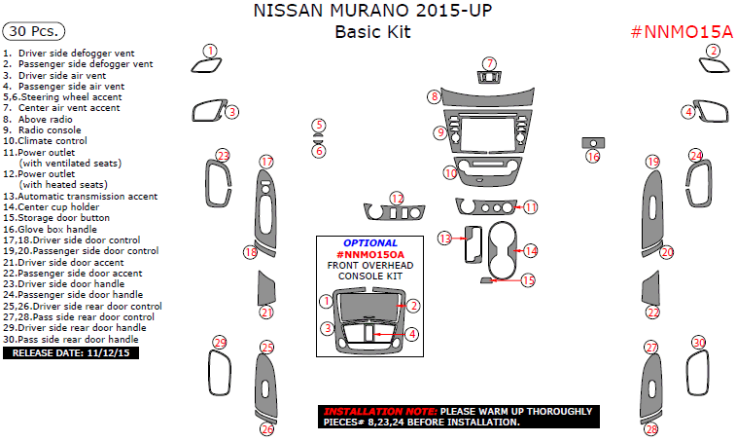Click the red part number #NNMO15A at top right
pyautogui.click(x=682, y=32)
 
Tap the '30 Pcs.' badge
pyautogui.click(x=34, y=31)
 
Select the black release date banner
pyautogui.click(x=71, y=352)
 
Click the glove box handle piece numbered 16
pyautogui.click(x=593, y=143)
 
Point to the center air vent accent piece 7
pyautogui.click(x=490, y=77)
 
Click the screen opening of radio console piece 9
pyautogui.click(x=488, y=134)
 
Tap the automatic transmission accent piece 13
pyautogui.click(x=473, y=244)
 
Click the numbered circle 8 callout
pyautogui.click(x=435, y=96)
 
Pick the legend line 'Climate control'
pyautogui.click(x=45, y=140)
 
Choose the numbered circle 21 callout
pyautogui.click(x=266, y=313)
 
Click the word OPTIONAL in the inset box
pyautogui.click(x=370, y=243)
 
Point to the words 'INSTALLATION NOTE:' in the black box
pyautogui.click(x=380, y=412)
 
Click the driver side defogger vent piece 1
pyautogui.click(x=206, y=66)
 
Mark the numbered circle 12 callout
pyautogui.click(x=397, y=199)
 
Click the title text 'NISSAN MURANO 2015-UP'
pyautogui.click(x=372, y=11)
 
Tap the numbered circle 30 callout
pyautogui.click(x=699, y=343)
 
